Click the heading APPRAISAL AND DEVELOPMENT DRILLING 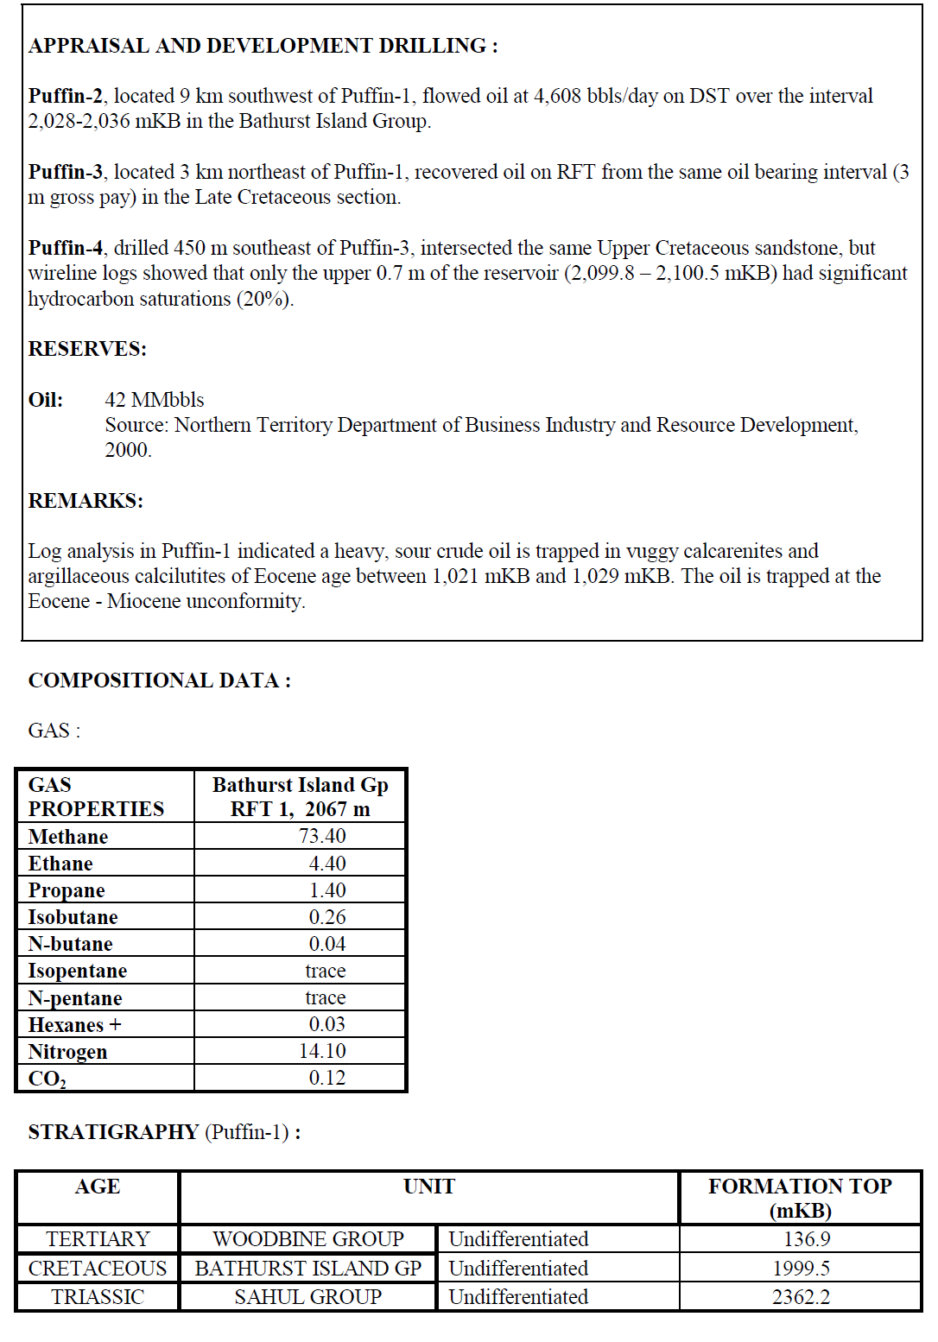263,46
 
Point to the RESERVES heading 87,349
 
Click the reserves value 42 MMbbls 155,400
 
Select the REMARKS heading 86,501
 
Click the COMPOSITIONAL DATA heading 159,680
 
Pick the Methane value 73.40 322,836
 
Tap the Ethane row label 60,864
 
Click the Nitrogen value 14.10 322,1051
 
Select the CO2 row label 48,1079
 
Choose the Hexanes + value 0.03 326,1024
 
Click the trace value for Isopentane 325,971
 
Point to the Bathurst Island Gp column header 300,796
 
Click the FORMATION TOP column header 800,1198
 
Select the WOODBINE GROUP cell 308,1239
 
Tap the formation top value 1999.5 801,1268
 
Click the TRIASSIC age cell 98,1297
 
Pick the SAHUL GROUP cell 308,1297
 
